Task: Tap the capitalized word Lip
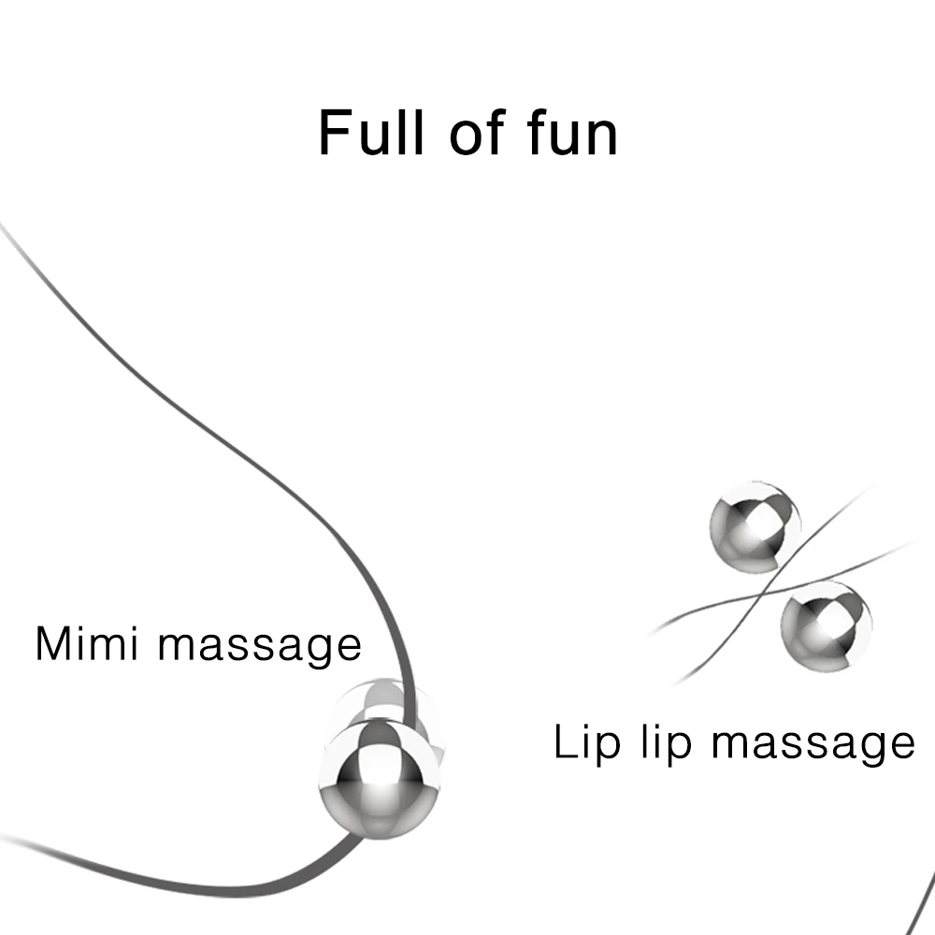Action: click(585, 743)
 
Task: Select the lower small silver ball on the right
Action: click(826, 623)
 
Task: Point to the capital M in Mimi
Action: click(54, 644)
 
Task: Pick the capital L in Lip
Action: click(564, 742)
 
